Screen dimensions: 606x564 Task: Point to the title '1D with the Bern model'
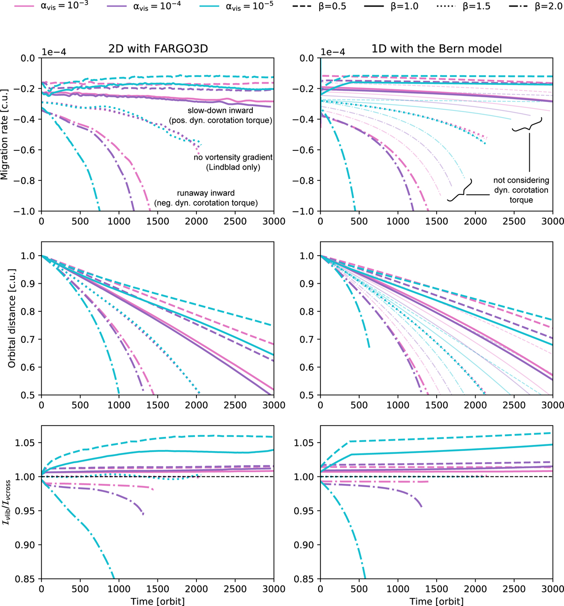point(436,48)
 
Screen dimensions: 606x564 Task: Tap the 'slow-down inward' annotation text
point(220,110)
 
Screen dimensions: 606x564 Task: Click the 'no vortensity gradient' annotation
point(233,157)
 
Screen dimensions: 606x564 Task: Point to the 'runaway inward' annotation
point(206,193)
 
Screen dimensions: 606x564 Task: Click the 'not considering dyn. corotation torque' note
point(521,190)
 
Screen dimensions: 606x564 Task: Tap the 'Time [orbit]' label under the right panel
point(436,601)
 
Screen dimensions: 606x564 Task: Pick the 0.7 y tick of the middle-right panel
point(306,339)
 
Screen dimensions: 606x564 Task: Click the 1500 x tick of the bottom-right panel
point(436,589)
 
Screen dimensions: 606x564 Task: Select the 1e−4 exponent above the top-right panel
point(333,52)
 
